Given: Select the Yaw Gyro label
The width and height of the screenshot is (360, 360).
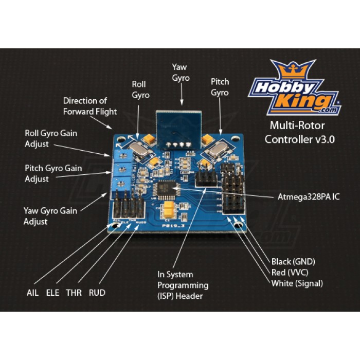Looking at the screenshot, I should point(181,73).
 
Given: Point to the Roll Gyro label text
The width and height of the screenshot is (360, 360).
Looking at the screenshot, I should point(140,89).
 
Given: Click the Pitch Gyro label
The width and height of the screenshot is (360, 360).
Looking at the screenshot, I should point(220,87).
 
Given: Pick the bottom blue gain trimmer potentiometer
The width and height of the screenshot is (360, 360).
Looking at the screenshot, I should point(121,182).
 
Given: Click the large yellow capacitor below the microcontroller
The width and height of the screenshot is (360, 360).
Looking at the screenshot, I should point(167,209).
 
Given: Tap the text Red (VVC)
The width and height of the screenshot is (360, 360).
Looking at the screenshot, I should point(290,272).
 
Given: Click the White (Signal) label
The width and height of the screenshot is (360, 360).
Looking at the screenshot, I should point(297,283).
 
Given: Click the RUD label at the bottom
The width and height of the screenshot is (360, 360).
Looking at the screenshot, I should point(97,293).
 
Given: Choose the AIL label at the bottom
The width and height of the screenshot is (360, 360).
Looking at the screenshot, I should point(33,293).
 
